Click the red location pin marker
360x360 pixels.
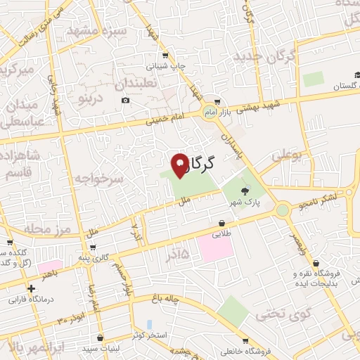click(180, 165)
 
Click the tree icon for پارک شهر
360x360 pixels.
click(245, 191)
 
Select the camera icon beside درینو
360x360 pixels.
click(126, 100)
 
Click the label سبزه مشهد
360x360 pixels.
click(96, 31)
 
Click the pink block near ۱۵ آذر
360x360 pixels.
click(215, 247)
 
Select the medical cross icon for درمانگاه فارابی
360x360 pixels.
click(31, 288)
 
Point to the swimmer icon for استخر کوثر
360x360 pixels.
click(150, 324)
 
